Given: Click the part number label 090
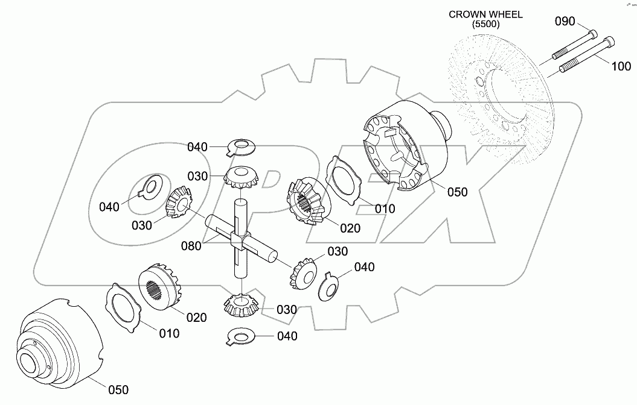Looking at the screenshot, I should click(x=566, y=22).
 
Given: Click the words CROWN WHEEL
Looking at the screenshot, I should click(x=485, y=14).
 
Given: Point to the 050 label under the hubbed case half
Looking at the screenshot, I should click(x=118, y=390).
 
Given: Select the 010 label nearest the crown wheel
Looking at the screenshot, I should click(x=384, y=209).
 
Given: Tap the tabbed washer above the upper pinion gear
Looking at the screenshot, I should click(x=242, y=145).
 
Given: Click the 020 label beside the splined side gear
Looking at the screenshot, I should click(x=196, y=318).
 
